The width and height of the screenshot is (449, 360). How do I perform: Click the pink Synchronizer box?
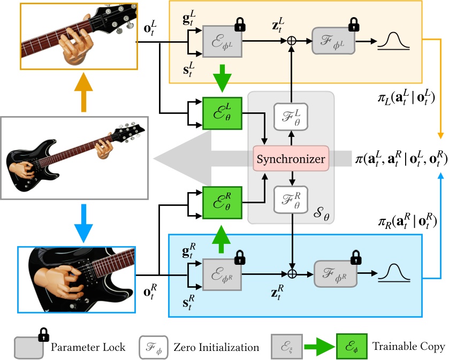pyautogui.click(x=291, y=159)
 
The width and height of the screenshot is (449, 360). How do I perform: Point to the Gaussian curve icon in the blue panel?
pyautogui.click(x=394, y=273)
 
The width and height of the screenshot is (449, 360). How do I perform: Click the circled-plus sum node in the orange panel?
pyautogui.click(x=292, y=41)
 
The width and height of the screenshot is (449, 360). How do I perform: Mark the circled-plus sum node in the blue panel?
pyautogui.click(x=292, y=274)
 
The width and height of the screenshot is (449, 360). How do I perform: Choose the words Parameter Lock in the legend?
pyautogui.click(x=88, y=347)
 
